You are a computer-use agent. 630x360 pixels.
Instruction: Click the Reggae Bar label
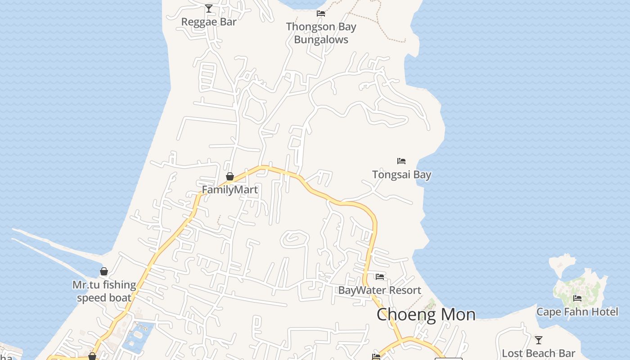[209, 22]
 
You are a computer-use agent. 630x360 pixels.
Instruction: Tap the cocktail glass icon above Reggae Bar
[209, 8]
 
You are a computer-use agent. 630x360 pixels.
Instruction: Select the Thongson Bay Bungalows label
[321, 33]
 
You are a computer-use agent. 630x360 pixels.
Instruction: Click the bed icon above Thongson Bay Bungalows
[321, 13]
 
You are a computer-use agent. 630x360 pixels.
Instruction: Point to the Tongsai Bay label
[401, 175]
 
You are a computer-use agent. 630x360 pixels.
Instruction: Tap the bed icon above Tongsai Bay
[401, 161]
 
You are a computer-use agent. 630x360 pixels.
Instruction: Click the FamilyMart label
[229, 189]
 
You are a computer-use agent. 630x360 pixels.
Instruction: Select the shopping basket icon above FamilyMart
[230, 176]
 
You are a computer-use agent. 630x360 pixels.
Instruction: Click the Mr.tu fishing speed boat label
[104, 291]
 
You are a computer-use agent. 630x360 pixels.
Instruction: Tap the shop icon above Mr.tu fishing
[104, 271]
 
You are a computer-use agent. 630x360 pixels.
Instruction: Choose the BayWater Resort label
[379, 290]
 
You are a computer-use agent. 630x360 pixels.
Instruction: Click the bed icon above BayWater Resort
[380, 277]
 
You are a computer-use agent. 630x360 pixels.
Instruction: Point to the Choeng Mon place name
[426, 314]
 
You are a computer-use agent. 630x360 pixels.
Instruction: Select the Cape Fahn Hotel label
[577, 312]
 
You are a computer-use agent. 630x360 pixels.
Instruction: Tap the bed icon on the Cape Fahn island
[577, 298]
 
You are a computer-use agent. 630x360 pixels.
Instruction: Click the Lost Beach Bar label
[538, 353]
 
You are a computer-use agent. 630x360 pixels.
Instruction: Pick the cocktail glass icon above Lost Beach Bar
[539, 340]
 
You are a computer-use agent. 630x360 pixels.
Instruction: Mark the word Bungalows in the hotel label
[321, 40]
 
